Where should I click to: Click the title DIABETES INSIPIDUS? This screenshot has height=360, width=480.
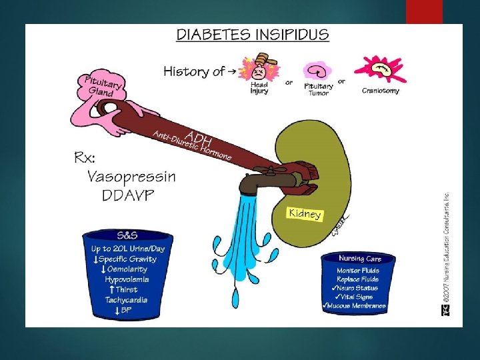[252, 35]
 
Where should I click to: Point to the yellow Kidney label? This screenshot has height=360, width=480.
[305, 213]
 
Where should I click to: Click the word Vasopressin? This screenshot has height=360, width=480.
[132, 177]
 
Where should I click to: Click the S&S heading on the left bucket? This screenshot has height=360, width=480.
[127, 235]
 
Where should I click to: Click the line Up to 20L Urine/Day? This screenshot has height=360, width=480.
[128, 249]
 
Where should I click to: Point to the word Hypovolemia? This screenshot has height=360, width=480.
[127, 279]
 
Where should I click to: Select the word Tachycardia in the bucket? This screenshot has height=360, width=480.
[127, 300]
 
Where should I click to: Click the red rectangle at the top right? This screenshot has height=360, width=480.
[424, 11]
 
